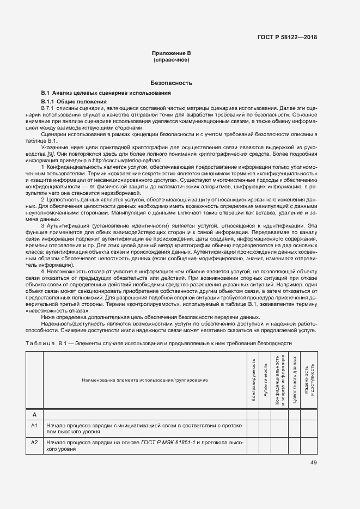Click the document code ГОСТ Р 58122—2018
tap(287, 37)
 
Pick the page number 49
tap(314, 463)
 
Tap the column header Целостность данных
tap(294, 380)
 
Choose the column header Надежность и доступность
tap(309, 379)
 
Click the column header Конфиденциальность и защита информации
tap(280, 379)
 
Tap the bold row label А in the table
tap(34, 414)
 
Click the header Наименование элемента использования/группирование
tap(144, 379)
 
